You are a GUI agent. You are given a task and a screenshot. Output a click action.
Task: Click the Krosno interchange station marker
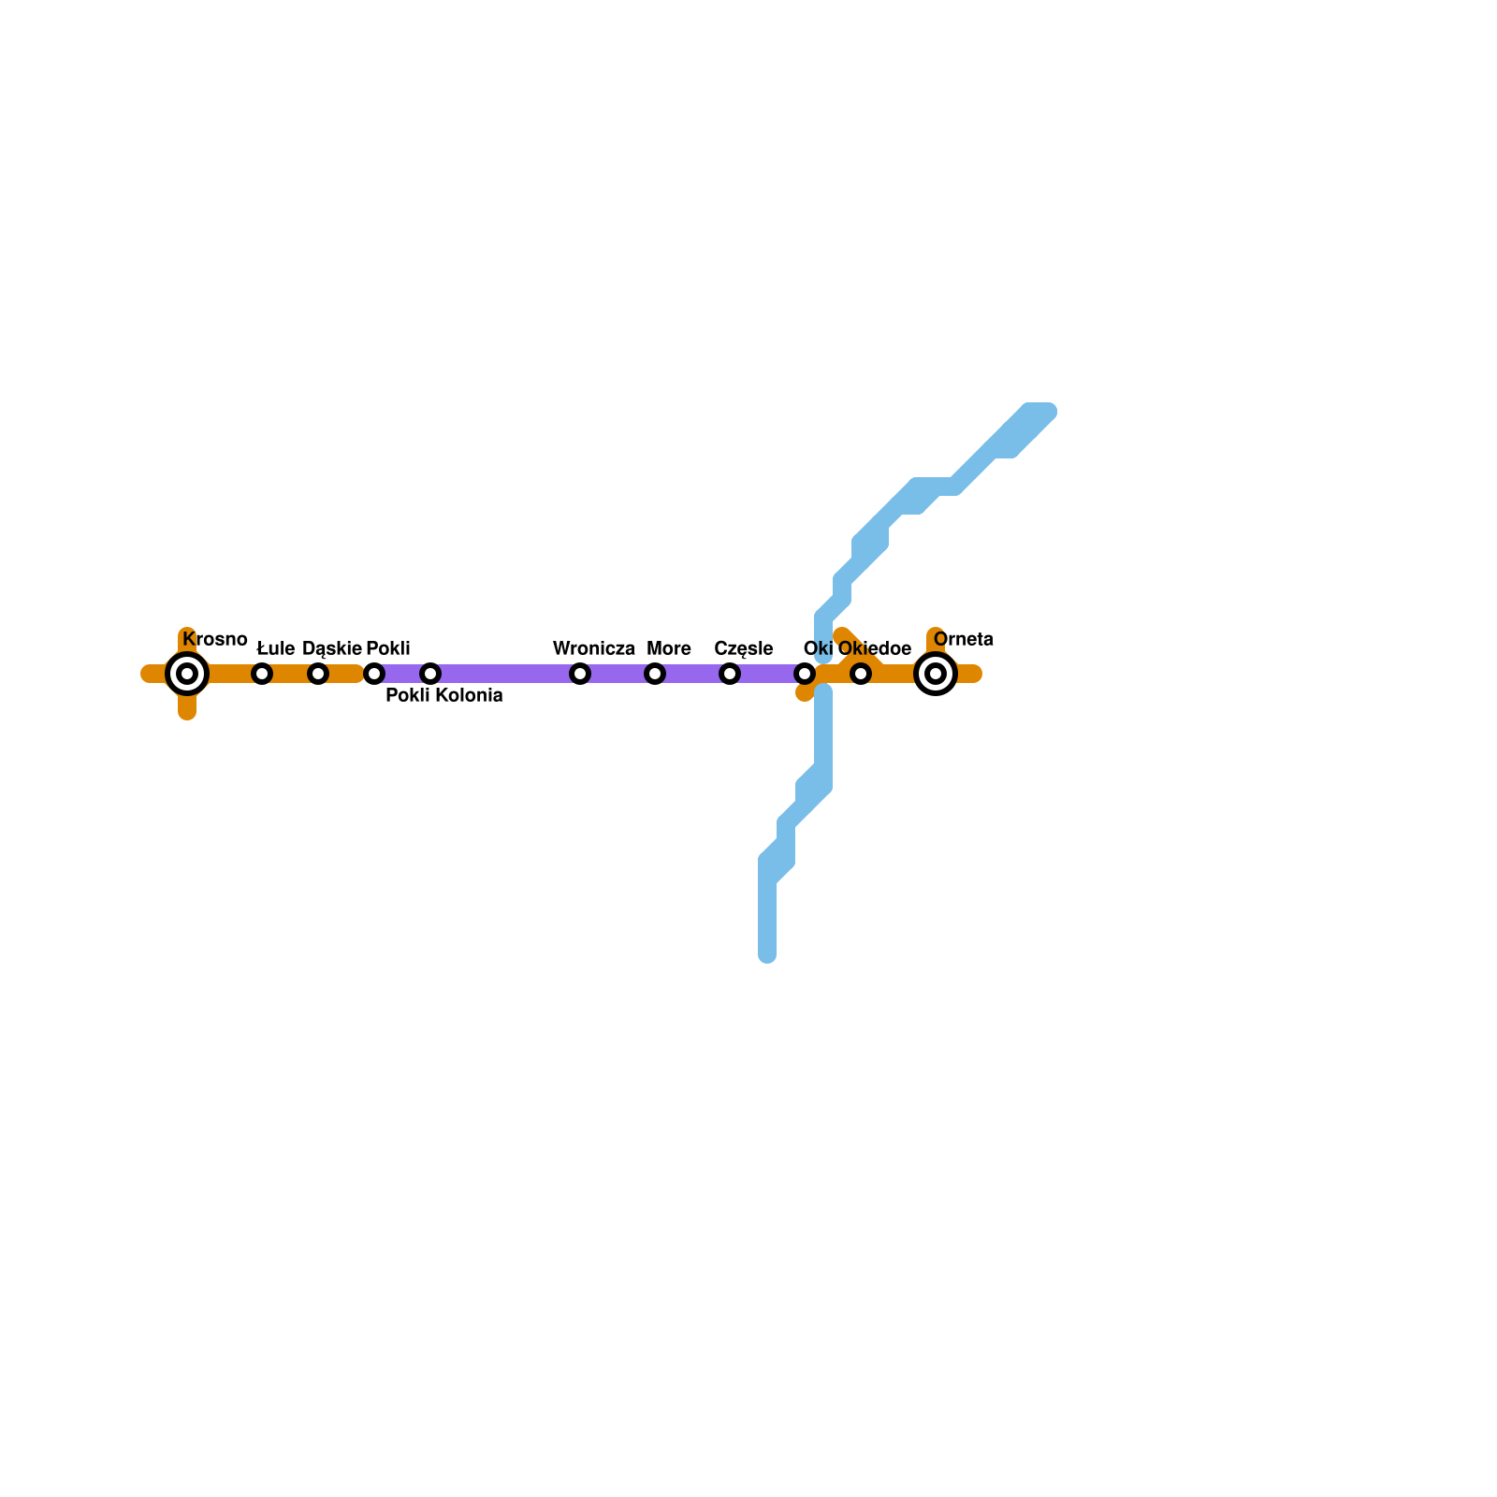click(187, 674)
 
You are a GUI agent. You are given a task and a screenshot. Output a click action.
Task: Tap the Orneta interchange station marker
click(935, 674)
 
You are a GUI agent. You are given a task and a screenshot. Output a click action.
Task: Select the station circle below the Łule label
click(262, 674)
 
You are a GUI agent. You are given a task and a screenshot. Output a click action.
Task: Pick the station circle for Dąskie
click(318, 674)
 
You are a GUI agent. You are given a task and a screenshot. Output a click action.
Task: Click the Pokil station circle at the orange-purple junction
click(374, 674)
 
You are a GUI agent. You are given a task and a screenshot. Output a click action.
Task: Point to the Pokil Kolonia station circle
click(430, 674)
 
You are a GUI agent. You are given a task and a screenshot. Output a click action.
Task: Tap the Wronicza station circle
click(580, 674)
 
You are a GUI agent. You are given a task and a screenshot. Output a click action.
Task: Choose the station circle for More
click(655, 674)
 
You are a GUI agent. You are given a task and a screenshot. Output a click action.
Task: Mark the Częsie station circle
click(730, 674)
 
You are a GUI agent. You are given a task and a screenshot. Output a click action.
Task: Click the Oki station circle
click(805, 674)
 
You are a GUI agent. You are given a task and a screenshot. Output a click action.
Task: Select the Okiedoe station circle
click(861, 674)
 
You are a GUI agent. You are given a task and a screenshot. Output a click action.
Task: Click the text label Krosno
click(215, 640)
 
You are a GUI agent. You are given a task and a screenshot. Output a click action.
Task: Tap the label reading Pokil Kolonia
click(444, 696)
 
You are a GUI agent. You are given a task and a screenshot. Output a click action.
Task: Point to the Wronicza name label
click(594, 649)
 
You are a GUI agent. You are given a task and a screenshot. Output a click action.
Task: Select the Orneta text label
click(964, 640)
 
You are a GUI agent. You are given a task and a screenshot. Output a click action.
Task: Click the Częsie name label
click(744, 649)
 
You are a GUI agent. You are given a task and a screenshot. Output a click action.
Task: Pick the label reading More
click(669, 649)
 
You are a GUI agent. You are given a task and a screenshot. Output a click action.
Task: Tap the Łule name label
click(276, 649)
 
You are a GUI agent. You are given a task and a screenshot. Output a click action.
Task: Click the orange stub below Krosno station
click(187, 707)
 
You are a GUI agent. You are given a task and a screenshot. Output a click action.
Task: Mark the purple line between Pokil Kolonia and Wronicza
click(505, 674)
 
